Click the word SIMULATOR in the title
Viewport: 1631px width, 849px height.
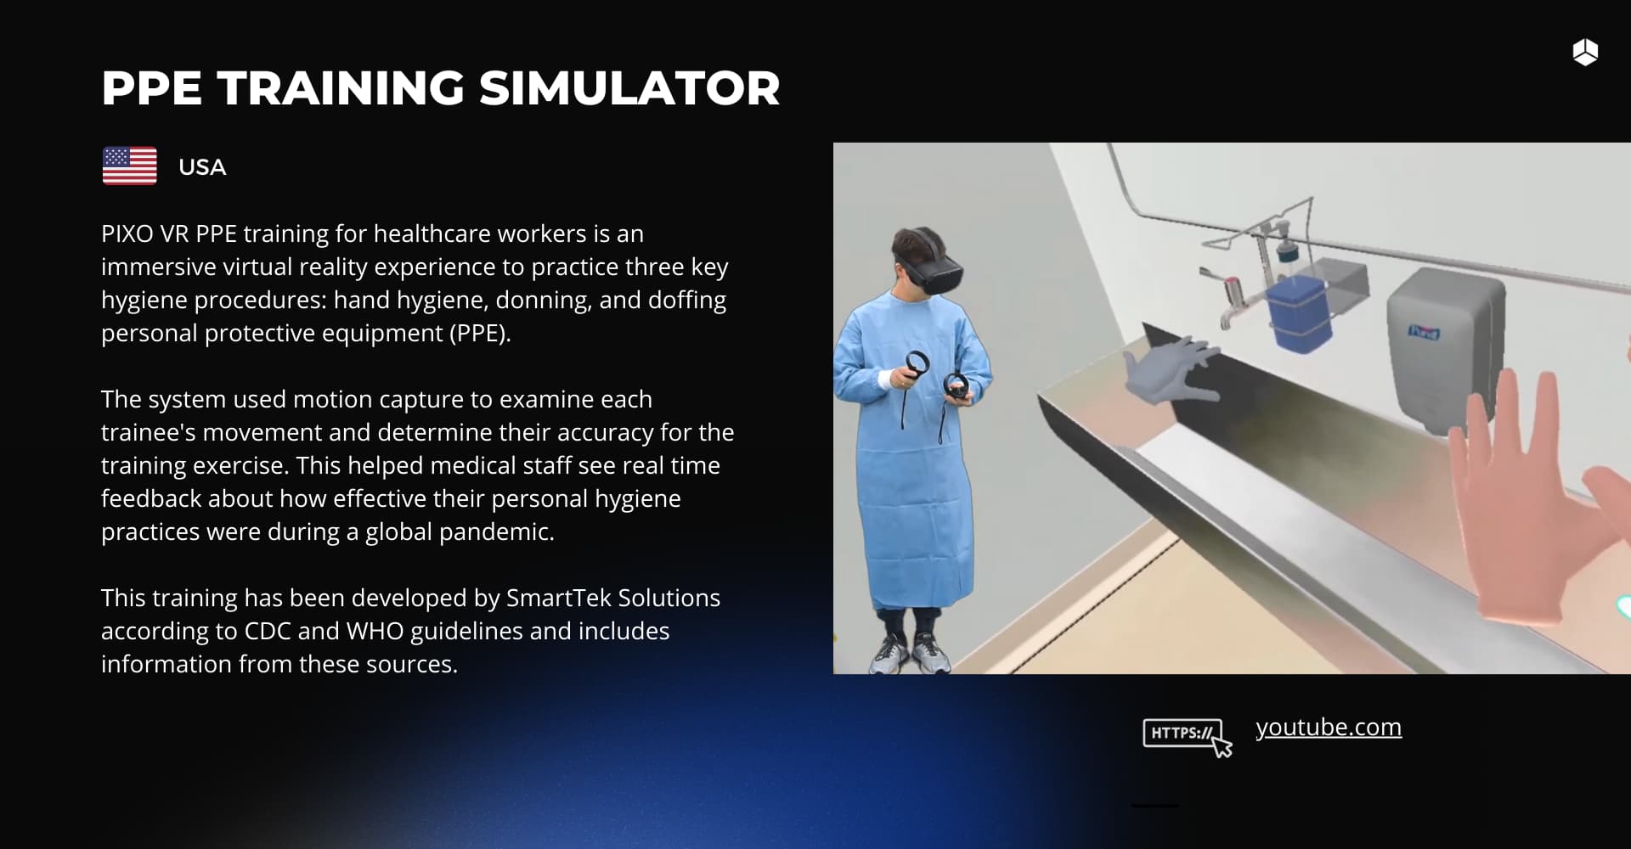pyautogui.click(x=629, y=88)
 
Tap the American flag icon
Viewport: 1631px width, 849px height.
pyautogui.click(x=129, y=166)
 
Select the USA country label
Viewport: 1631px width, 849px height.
pyautogui.click(x=202, y=167)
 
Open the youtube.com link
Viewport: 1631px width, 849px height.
pyautogui.click(x=1329, y=728)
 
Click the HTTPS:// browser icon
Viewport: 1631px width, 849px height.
pyautogui.click(x=1187, y=736)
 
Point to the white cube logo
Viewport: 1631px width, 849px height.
pyautogui.click(x=1585, y=52)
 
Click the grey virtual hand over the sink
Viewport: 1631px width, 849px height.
pyautogui.click(x=1172, y=369)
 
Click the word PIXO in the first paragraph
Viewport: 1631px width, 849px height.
pyautogui.click(x=128, y=233)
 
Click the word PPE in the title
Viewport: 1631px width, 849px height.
pyautogui.click(x=151, y=88)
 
